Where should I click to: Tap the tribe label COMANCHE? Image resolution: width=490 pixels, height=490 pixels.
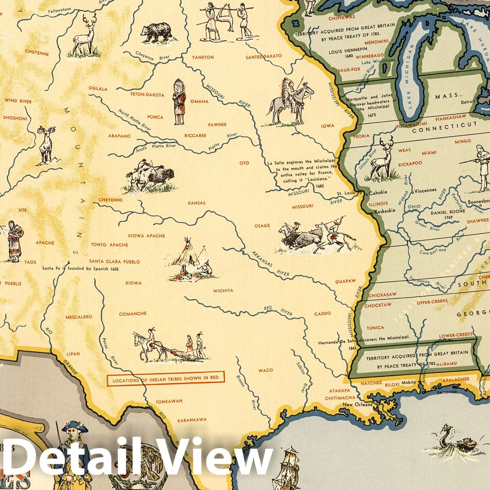133,314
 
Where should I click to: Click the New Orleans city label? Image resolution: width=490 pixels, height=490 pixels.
358,405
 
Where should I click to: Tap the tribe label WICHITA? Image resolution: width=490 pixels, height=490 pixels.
223,291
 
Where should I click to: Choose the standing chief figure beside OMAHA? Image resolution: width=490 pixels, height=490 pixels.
179,102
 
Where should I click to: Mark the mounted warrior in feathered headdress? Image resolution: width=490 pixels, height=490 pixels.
290,102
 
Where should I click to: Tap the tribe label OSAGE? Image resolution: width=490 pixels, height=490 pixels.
262,226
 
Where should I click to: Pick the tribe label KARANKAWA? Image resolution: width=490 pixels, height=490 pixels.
192,420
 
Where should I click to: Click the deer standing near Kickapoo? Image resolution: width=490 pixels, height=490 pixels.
382,159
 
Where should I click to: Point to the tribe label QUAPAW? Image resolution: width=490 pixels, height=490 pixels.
345,281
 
